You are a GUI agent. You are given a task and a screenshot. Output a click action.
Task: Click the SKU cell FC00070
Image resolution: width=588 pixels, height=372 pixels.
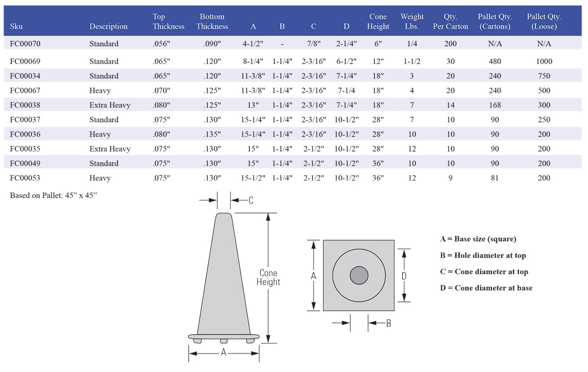[25, 44]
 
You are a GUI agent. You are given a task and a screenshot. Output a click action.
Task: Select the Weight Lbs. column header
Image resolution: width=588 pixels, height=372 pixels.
[412, 22]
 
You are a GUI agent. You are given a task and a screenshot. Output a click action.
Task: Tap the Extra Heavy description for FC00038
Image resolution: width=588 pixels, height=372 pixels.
[110, 105]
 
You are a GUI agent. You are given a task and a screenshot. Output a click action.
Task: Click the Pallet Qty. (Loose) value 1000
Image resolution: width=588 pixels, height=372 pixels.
[544, 61]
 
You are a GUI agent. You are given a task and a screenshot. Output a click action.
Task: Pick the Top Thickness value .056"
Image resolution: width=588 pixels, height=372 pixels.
[161, 44]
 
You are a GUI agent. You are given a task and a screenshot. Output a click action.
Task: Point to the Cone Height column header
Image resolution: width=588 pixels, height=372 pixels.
[378, 22]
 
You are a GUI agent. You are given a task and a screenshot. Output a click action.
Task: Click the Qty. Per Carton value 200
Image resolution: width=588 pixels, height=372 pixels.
[450, 44]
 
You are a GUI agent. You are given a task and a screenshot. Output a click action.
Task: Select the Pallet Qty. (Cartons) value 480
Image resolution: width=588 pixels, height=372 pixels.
[494, 61]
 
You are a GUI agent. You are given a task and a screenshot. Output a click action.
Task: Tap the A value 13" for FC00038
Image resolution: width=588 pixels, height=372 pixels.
[253, 105]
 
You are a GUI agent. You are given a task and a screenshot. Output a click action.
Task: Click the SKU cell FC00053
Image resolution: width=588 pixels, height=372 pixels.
[25, 178]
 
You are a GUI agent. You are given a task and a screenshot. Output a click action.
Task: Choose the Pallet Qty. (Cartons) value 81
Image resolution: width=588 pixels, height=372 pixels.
[494, 178]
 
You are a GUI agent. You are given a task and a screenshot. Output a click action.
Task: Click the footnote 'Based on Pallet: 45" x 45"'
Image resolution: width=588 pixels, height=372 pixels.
[50, 195]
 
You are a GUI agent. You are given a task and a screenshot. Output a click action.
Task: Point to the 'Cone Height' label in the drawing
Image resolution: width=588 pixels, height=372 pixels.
[269, 278]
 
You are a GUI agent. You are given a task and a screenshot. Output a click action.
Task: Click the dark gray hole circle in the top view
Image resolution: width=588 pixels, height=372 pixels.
[359, 276]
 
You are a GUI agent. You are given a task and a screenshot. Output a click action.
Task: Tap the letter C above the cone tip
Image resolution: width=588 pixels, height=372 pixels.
[250, 200]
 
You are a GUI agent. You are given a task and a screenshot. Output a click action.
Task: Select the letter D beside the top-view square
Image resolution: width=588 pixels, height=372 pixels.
[404, 276]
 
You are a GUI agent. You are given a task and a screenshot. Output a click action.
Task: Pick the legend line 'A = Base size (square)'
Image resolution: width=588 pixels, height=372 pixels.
[478, 239]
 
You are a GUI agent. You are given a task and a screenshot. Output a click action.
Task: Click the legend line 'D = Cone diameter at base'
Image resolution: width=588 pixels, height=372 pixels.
[486, 288]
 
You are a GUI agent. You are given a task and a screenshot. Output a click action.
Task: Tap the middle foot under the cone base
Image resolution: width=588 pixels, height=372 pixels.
[223, 340]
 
